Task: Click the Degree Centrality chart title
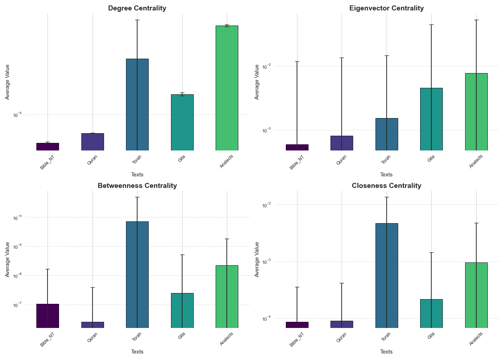click(137, 8)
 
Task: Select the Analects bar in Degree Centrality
click(227, 88)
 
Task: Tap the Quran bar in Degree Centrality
click(93, 142)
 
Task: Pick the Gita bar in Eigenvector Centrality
click(431, 119)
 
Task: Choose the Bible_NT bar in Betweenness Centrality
click(48, 316)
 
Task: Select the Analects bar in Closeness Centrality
click(476, 295)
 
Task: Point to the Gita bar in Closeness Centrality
click(431, 313)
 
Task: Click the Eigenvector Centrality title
click(386, 8)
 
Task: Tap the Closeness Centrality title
click(386, 186)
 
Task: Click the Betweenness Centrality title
click(137, 186)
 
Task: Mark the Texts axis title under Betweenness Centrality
click(137, 352)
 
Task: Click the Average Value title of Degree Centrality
click(8, 82)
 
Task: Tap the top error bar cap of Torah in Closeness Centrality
click(387, 197)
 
